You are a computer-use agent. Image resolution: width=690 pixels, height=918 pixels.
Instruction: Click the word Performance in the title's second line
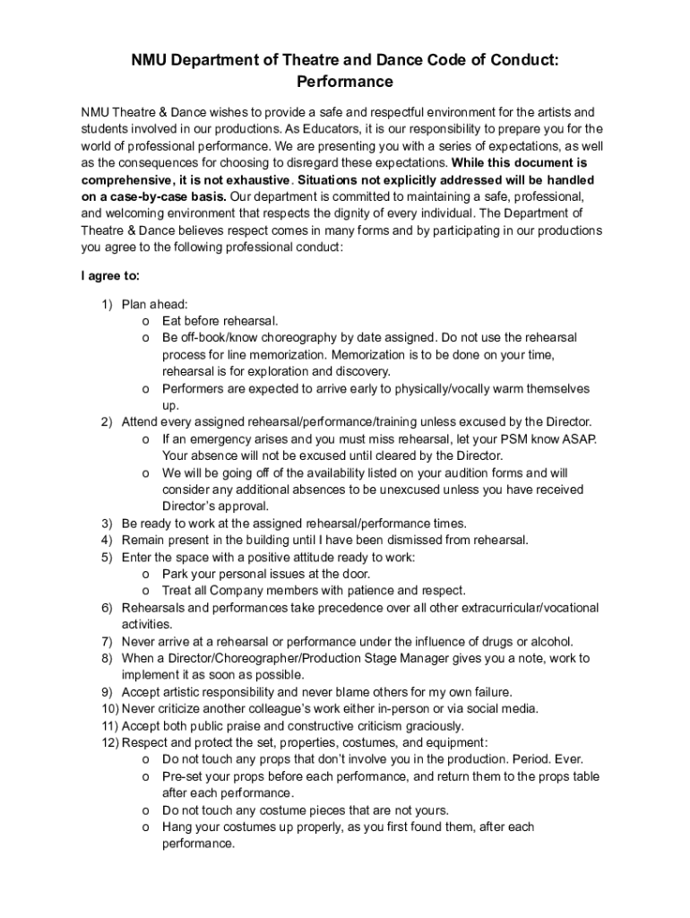(x=344, y=82)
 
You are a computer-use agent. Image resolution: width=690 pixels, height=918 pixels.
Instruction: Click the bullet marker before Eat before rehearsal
(x=145, y=321)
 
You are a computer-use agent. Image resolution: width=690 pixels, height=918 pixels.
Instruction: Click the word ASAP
(x=577, y=438)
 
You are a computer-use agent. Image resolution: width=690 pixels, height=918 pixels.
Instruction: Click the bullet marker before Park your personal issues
(x=145, y=574)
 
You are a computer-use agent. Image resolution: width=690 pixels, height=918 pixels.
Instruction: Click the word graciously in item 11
(x=433, y=726)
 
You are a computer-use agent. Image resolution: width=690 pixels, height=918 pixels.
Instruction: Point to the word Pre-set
(x=183, y=776)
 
